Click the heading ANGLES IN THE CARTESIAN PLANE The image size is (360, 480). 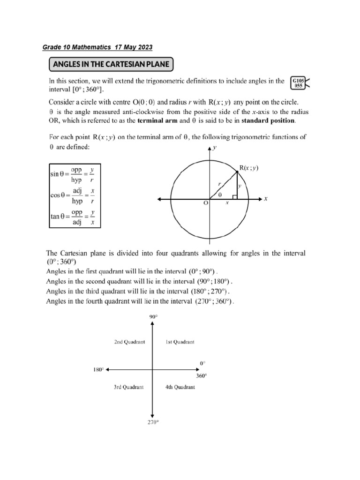point(112,64)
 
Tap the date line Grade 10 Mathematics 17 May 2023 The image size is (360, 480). point(97,47)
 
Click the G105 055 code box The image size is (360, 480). point(298,83)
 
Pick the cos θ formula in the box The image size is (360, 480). point(73,195)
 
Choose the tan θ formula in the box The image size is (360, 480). point(73,217)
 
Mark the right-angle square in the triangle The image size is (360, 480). point(235,197)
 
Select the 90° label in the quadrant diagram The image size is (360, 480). point(153,317)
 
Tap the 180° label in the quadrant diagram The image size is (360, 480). point(98,370)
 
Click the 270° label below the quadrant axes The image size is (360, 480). point(153,422)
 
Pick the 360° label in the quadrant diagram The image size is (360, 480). point(201,376)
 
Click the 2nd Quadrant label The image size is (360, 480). point(129,342)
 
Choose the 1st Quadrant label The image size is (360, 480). point(180,342)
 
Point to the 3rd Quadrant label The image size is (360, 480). point(129,387)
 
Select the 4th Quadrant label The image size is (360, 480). point(180,387)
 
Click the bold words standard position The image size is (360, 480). point(268,120)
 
